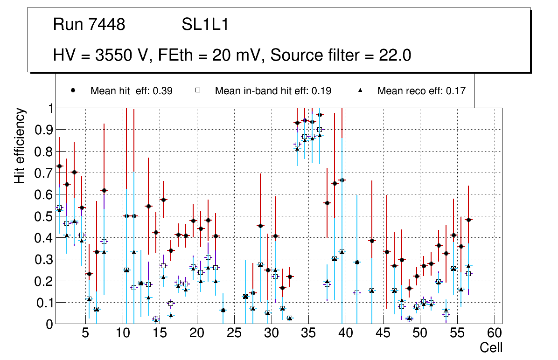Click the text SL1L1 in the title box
click(x=205, y=25)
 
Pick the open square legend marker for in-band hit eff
click(x=197, y=91)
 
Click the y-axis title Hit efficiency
click(x=20, y=145)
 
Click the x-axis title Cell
click(x=491, y=348)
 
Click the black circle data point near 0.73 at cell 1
click(x=59, y=166)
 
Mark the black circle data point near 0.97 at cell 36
click(x=320, y=115)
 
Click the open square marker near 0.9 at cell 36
click(x=320, y=130)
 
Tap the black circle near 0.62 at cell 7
click(x=104, y=190)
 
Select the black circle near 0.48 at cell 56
click(x=468, y=220)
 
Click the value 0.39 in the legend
click(x=163, y=91)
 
